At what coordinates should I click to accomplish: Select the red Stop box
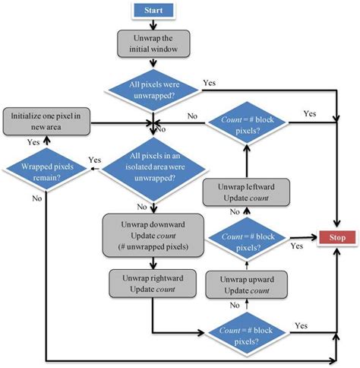point(337,237)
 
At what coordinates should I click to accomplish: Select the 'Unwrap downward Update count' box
point(155,235)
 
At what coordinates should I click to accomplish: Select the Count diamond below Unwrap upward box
point(245,332)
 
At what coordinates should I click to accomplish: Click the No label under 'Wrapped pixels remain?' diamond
point(38,198)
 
